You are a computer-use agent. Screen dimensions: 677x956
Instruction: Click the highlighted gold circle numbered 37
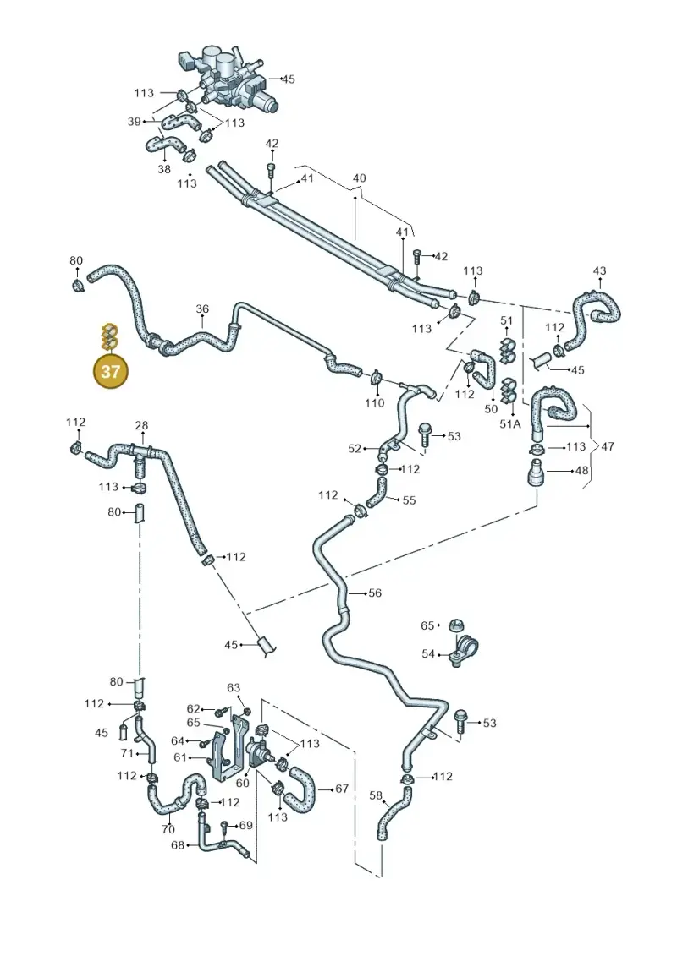(110, 371)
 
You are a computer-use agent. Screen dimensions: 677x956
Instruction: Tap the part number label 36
(202, 309)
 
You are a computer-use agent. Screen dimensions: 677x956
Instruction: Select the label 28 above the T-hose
(141, 425)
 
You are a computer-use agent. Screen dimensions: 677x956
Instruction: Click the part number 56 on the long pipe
(375, 593)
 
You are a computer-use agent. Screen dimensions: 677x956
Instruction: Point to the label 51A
(510, 423)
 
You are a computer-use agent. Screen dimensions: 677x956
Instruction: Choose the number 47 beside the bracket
(608, 446)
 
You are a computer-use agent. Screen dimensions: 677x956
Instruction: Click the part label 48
(581, 470)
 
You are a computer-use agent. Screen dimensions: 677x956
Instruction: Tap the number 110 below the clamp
(374, 402)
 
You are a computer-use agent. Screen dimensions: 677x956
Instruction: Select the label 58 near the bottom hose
(376, 795)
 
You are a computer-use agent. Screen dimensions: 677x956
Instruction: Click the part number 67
(342, 789)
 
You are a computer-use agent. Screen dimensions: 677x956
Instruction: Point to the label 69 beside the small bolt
(246, 825)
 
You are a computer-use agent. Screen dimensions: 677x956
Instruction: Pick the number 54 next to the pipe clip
(428, 653)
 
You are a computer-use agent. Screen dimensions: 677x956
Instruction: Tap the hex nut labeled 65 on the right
(454, 625)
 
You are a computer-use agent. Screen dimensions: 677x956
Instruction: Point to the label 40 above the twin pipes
(360, 178)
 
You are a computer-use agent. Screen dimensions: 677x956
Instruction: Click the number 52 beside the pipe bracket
(355, 449)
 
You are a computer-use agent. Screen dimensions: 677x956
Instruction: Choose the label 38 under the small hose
(164, 169)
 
